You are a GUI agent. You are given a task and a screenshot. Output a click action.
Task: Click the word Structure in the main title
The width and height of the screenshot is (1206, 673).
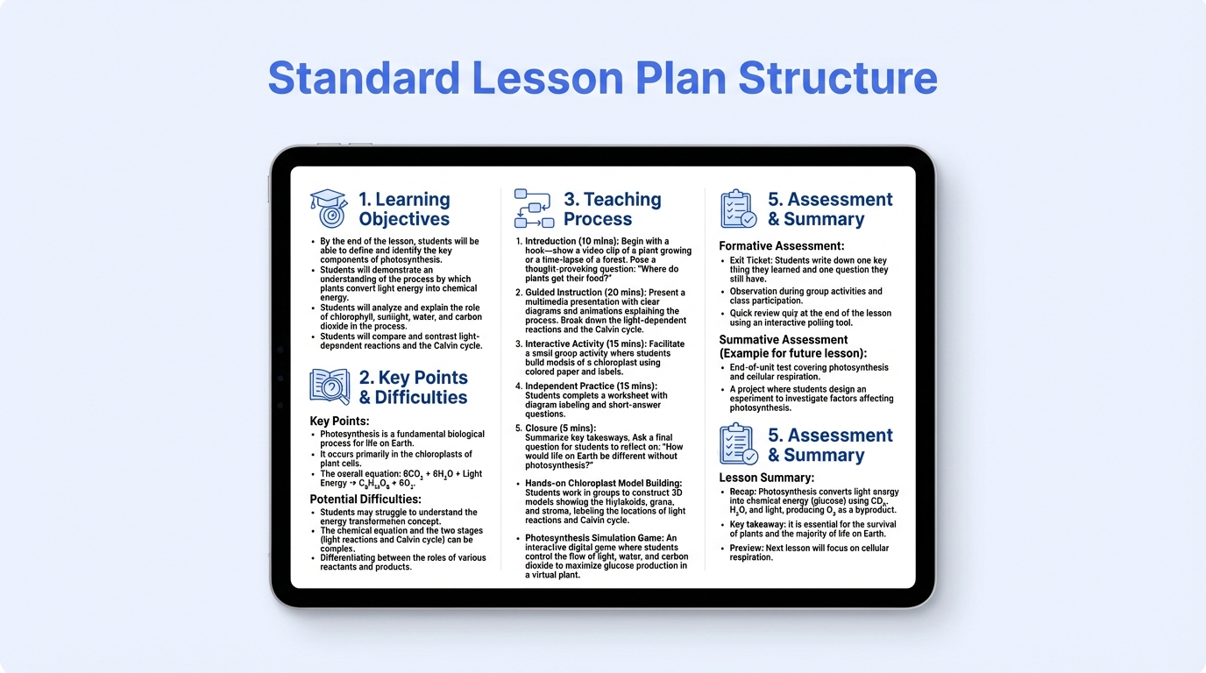[x=837, y=78]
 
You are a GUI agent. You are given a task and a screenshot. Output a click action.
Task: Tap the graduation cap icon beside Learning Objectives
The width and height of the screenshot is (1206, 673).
[x=329, y=209]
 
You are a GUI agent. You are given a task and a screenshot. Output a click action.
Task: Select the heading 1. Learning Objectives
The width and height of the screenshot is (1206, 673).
[x=404, y=209]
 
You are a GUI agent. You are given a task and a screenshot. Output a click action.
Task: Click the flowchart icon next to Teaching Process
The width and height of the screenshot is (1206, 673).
[x=533, y=209]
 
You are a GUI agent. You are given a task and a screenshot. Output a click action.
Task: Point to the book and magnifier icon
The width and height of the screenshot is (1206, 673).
[x=329, y=386]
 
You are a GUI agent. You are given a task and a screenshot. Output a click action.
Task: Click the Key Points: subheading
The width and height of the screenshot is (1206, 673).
[x=339, y=422]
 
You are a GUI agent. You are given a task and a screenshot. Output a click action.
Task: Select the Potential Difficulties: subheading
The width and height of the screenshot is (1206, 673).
[x=365, y=499]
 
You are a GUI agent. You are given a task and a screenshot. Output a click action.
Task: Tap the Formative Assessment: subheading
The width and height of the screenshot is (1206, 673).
[x=781, y=246]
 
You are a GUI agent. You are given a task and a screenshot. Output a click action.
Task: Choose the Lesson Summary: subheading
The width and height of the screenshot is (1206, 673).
[x=766, y=478]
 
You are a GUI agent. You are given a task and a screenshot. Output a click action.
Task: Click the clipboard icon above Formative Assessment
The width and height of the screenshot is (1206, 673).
[x=738, y=209]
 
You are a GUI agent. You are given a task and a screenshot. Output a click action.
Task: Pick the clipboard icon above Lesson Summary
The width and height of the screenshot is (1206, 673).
[x=738, y=444]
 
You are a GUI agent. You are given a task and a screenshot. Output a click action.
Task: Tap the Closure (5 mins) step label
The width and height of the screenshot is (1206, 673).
[x=560, y=428]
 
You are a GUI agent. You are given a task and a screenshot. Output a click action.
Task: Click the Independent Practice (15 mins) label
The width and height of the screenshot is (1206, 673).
[x=591, y=386]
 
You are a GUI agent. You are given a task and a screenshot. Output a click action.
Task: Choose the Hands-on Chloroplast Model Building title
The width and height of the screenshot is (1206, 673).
[x=603, y=483]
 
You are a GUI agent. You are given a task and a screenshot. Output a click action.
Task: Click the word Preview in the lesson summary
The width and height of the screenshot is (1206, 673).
[x=747, y=549]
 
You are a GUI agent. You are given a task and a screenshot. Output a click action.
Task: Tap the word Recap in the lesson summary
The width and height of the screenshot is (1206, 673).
[x=743, y=492]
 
